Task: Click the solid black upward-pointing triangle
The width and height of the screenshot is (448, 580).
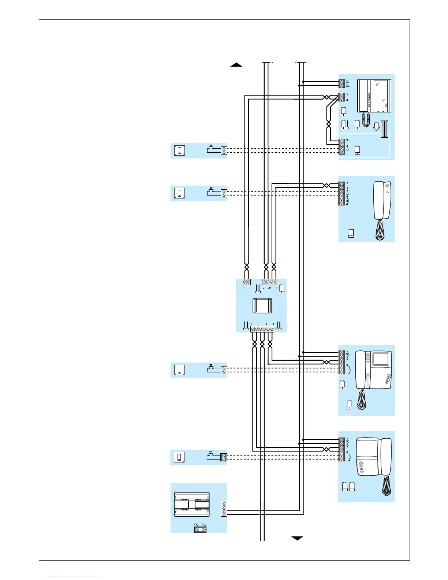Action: pyautogui.click(x=236, y=65)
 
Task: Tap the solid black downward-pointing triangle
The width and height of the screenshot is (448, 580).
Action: pyautogui.click(x=297, y=538)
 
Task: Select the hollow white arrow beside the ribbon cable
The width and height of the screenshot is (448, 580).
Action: pyautogui.click(x=376, y=127)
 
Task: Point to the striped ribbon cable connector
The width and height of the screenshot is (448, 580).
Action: pyautogui.click(x=384, y=129)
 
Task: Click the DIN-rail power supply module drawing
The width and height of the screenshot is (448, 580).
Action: pyautogui.click(x=192, y=504)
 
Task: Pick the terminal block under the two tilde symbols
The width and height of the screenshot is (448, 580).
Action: pyautogui.click(x=200, y=529)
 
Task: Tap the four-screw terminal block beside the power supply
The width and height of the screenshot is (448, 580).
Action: pyautogui.click(x=224, y=509)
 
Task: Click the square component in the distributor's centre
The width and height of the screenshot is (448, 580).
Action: pyautogui.click(x=262, y=305)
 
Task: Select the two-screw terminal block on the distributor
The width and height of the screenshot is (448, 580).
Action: pyautogui.click(x=247, y=282)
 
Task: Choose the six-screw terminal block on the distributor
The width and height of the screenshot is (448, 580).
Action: pyautogui.click(x=262, y=329)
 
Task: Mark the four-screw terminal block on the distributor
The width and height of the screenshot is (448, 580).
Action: pyautogui.click(x=270, y=282)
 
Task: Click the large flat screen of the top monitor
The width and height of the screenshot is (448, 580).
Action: pyautogui.click(x=382, y=96)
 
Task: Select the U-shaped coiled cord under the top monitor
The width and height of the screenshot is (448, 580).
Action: pyautogui.click(x=366, y=120)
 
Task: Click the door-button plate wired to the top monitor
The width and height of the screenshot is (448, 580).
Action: pyautogui.click(x=179, y=150)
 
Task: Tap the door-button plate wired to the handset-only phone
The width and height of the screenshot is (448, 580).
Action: pyautogui.click(x=179, y=193)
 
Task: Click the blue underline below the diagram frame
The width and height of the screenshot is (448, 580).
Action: pyautogui.click(x=72, y=577)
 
